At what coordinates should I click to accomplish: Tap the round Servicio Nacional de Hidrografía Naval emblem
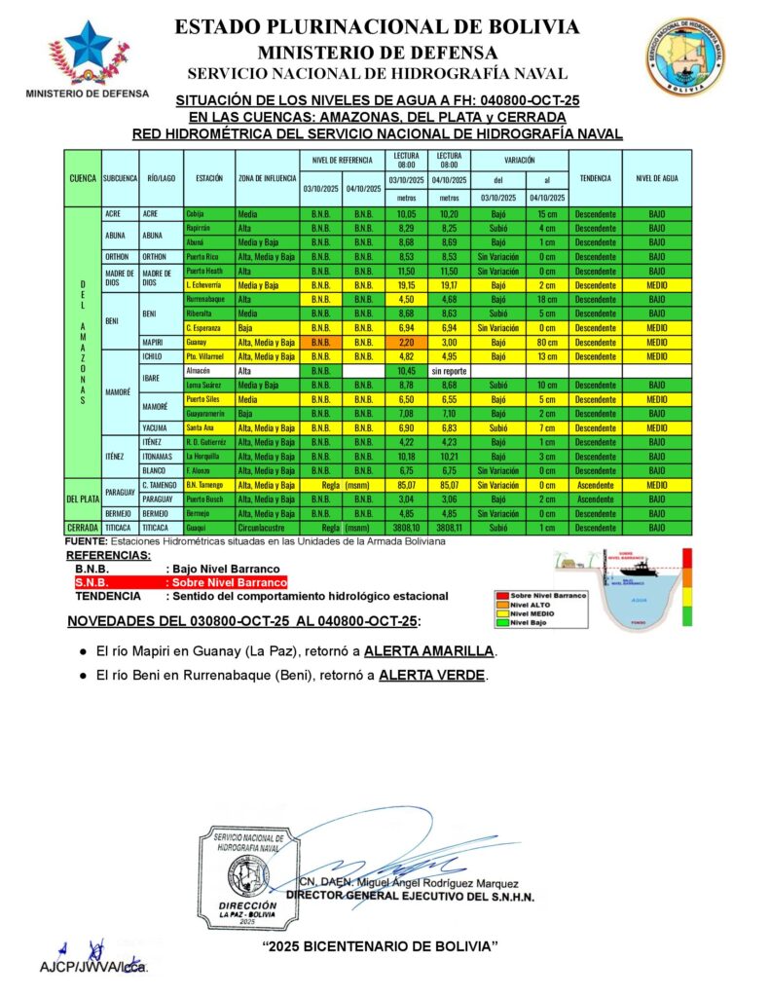pos(684,57)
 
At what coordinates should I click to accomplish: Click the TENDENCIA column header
pos(595,179)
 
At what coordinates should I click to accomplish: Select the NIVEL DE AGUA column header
pos(657,179)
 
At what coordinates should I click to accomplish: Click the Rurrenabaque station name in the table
pos(207,301)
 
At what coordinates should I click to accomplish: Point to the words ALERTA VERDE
pos(430,675)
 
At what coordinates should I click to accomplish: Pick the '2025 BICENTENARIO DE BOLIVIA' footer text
pos(381,946)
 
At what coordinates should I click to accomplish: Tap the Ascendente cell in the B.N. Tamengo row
pos(595,485)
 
